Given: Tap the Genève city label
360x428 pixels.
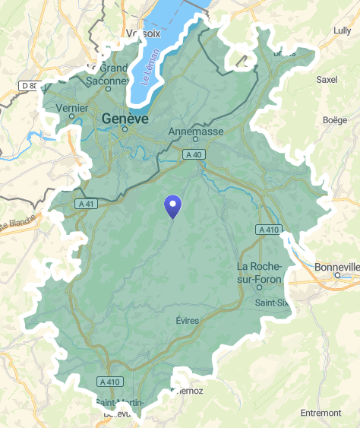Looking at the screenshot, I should [x=125, y=119].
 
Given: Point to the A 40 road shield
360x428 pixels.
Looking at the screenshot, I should [x=194, y=154].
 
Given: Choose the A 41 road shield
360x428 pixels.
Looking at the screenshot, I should [x=86, y=204].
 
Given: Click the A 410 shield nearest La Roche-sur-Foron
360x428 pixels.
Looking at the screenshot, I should [x=269, y=229].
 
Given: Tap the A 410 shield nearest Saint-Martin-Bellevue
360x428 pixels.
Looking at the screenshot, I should [x=109, y=380].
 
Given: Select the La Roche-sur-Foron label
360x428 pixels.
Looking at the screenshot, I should [x=260, y=273].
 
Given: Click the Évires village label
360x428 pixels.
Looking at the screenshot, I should [x=187, y=320].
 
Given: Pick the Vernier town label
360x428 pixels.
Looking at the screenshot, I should [x=72, y=108].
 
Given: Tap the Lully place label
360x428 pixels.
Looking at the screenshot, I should [x=342, y=30].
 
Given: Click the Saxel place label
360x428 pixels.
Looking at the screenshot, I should [x=327, y=79].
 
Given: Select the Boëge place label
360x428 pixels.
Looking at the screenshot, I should [x=334, y=119].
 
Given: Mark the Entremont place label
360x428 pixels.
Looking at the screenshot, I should [x=321, y=413].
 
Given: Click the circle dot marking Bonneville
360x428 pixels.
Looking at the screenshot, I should [x=337, y=276].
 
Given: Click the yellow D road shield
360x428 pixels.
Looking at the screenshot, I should [x=29, y=86].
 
